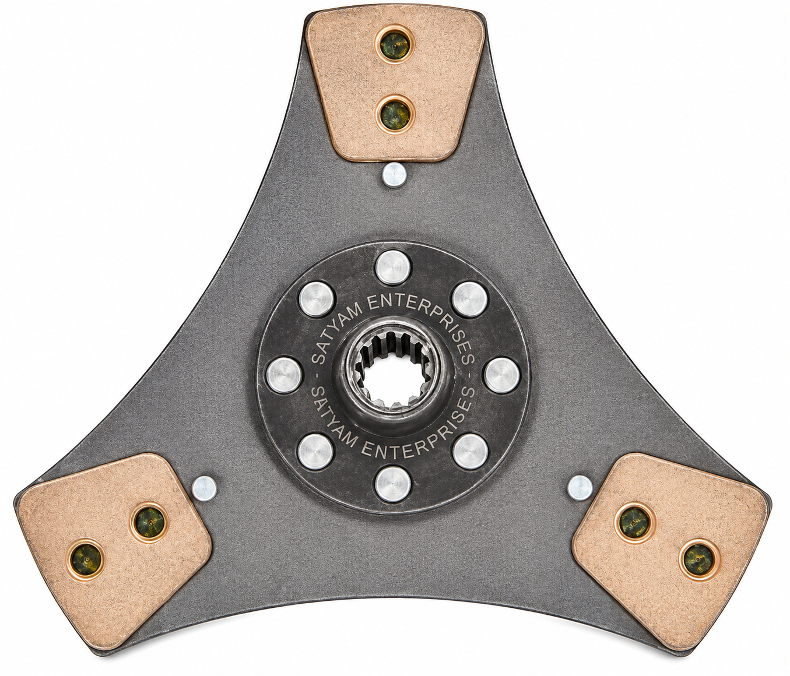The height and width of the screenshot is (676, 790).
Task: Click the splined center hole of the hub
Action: (x=394, y=373)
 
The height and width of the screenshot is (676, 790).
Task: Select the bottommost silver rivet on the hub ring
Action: (x=393, y=484)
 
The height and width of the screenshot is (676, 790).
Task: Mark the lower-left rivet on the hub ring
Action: (x=316, y=452)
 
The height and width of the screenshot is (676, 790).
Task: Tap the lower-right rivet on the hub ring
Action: (x=471, y=452)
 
